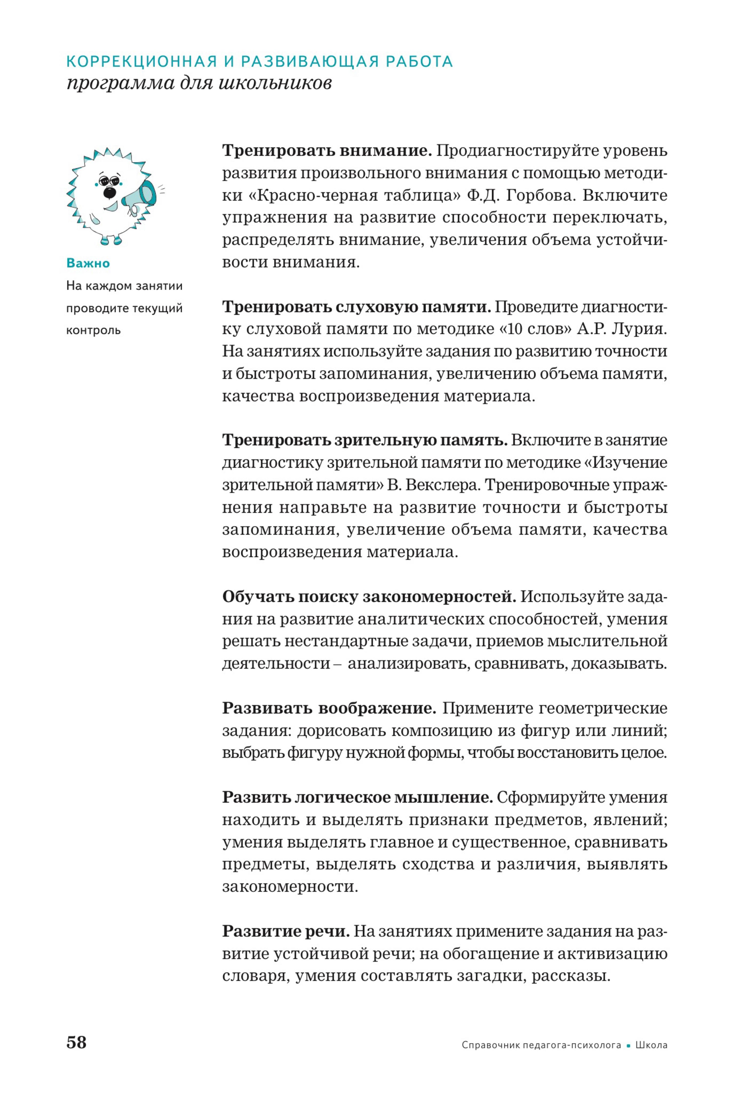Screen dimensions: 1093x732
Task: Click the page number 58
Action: click(x=77, y=1042)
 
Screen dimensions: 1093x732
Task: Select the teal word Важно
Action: click(x=88, y=263)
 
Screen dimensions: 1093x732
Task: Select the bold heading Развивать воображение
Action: click(x=329, y=708)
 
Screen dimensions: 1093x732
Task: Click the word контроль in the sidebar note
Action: click(x=93, y=330)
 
